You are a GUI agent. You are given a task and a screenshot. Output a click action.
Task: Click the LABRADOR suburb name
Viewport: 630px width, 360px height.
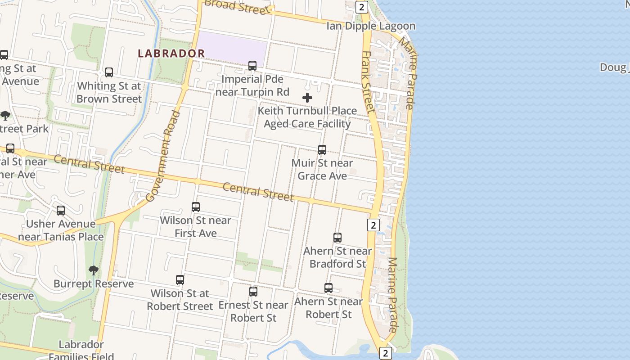pyautogui.click(x=171, y=53)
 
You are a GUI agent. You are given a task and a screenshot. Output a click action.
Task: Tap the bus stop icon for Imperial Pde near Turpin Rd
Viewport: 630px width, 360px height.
pyautogui.click(x=252, y=66)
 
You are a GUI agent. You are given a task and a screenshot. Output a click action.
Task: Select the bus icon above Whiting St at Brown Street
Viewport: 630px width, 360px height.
pyautogui.click(x=108, y=72)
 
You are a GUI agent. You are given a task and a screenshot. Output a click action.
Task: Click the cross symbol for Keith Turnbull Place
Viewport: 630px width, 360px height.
pyautogui.click(x=307, y=98)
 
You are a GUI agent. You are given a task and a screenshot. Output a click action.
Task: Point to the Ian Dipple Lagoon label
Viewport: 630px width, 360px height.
pyautogui.click(x=371, y=26)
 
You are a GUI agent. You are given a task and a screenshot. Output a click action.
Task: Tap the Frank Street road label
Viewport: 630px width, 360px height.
pyautogui.click(x=368, y=81)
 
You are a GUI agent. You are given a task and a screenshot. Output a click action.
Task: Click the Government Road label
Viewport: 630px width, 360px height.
pyautogui.click(x=163, y=156)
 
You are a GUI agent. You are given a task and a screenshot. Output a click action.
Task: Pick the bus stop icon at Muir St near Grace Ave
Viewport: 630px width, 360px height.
pyautogui.click(x=322, y=150)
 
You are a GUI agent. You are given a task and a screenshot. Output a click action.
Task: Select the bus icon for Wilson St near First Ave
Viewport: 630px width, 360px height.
pyautogui.click(x=196, y=207)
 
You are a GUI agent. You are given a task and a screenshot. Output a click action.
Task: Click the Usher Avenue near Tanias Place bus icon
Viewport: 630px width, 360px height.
pyautogui.click(x=61, y=211)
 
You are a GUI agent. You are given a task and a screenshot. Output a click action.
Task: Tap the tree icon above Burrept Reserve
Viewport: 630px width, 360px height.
pyautogui.click(x=94, y=270)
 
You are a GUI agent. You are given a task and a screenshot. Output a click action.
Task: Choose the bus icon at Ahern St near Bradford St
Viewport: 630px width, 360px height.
pyautogui.click(x=337, y=238)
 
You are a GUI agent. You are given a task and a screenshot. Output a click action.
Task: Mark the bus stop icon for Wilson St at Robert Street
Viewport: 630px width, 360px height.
pyautogui.click(x=180, y=280)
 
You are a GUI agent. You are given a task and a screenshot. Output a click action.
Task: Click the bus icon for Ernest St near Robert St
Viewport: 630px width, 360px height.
pyautogui.click(x=253, y=292)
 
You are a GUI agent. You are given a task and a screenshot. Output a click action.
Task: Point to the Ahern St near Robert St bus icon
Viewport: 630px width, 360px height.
pyautogui.click(x=328, y=288)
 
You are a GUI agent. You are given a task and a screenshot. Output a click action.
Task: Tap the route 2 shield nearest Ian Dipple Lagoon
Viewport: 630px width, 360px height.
pyautogui.click(x=361, y=7)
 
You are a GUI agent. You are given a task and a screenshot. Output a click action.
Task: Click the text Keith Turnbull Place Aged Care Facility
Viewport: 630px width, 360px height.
pyautogui.click(x=307, y=117)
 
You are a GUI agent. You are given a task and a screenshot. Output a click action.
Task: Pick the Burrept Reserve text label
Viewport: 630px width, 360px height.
pyautogui.click(x=94, y=284)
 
